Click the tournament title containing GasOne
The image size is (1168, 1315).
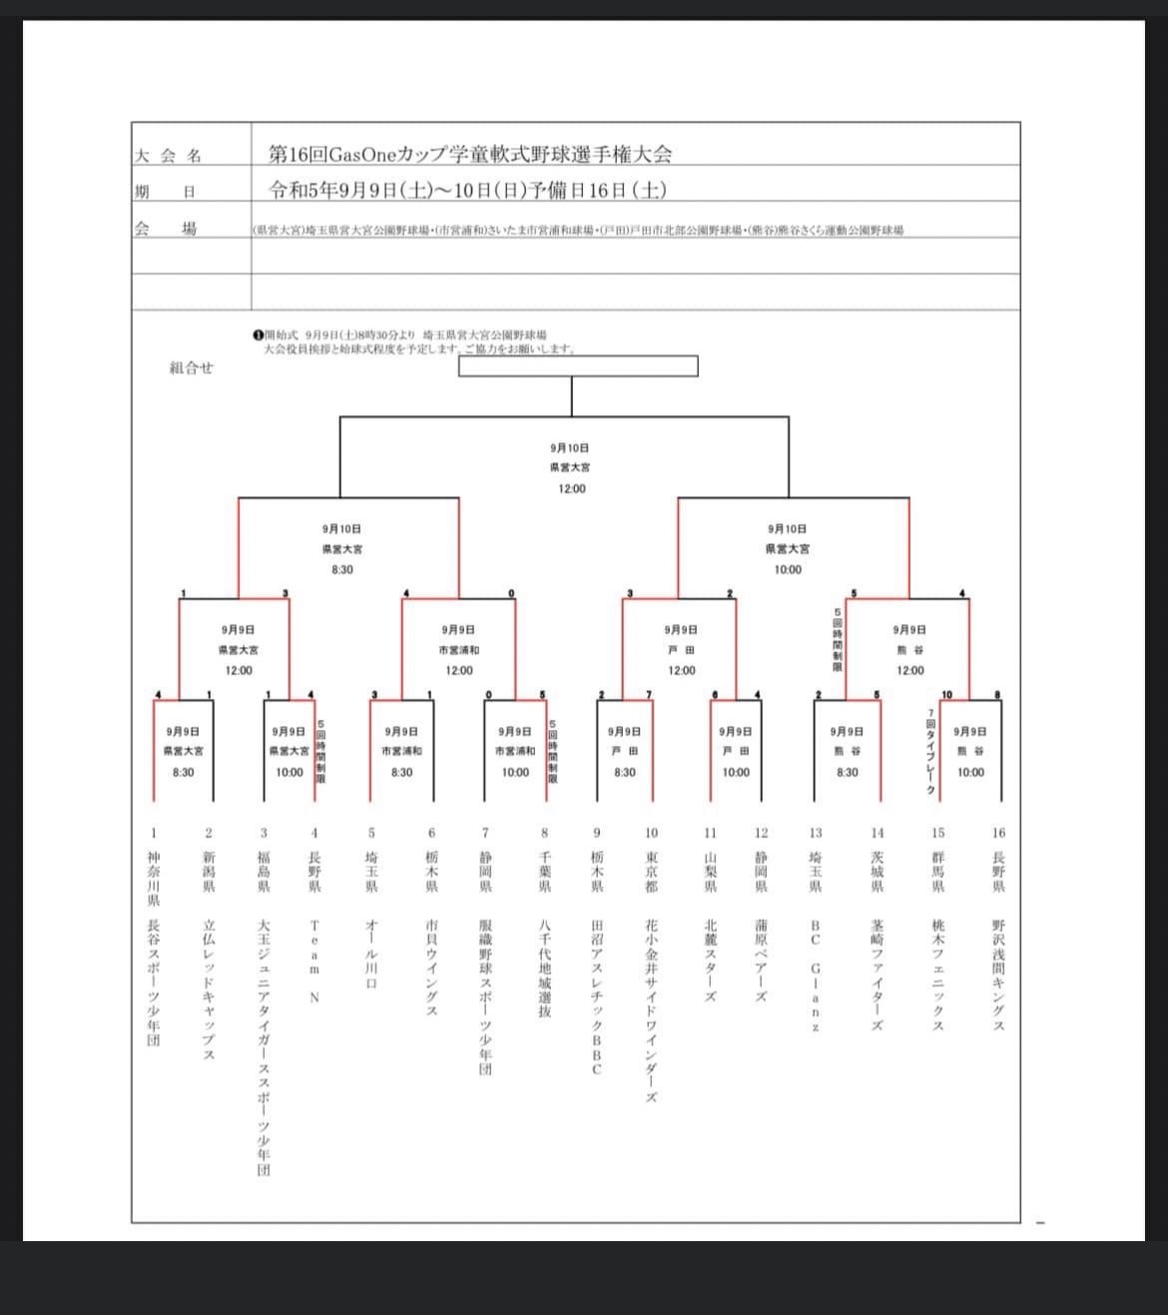pos(470,155)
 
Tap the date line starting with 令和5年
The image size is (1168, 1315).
pos(468,190)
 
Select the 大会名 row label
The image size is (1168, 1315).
pos(168,156)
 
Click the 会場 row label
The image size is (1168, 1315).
pos(166,229)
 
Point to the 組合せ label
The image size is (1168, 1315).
pos(191,367)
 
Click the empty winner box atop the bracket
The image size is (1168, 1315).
pos(578,366)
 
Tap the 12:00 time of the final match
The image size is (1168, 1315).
pos(572,488)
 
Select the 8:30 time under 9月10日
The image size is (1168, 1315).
pos(342,569)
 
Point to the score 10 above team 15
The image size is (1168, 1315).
pos(946,695)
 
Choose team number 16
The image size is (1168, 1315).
pos(998,832)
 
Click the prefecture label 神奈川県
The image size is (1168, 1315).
pos(153,880)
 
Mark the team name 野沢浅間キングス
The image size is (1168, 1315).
pos(998,976)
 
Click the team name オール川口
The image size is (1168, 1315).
pos(371,954)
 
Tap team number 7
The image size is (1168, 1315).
pos(485,832)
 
